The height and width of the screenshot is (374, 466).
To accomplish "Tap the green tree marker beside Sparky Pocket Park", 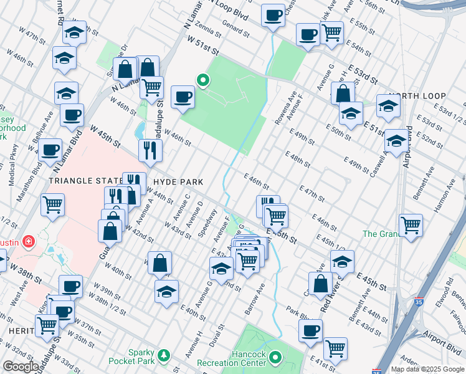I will [164, 355].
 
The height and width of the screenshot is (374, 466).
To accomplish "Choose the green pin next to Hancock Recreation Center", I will [275, 358].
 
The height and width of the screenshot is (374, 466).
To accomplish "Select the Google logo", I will [21, 367].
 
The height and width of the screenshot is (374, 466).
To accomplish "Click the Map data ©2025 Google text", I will [428, 369].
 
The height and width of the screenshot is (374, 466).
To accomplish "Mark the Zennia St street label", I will [207, 27].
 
